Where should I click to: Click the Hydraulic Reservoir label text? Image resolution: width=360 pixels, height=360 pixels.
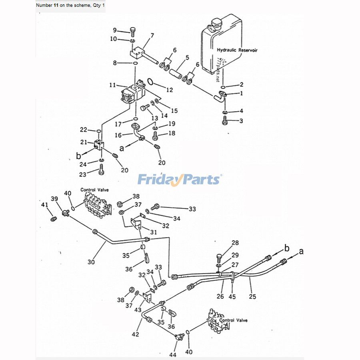pyautogui.click(x=237, y=50)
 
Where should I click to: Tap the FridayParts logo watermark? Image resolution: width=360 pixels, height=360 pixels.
pyautogui.click(x=179, y=179)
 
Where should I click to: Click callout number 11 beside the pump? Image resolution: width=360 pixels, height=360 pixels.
pyautogui.click(x=112, y=85)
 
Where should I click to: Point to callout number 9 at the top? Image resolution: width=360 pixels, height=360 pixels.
pyautogui.click(x=115, y=30)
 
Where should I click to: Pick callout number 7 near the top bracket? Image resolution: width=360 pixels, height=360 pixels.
pyautogui.click(x=152, y=36)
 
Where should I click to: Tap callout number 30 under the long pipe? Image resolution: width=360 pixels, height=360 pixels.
pyautogui.click(x=92, y=262)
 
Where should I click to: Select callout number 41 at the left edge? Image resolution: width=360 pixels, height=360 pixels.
pyautogui.click(x=45, y=205)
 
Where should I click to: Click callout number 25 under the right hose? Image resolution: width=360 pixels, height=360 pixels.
pyautogui.click(x=252, y=296)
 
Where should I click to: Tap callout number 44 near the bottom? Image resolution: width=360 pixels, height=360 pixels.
pyautogui.click(x=172, y=354)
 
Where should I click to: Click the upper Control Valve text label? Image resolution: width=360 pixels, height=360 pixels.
pyautogui.click(x=94, y=190)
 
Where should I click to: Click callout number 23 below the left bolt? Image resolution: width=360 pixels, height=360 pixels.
pyautogui.click(x=83, y=174)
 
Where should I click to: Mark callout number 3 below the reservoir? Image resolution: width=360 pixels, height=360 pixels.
pyautogui.click(x=241, y=120)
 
